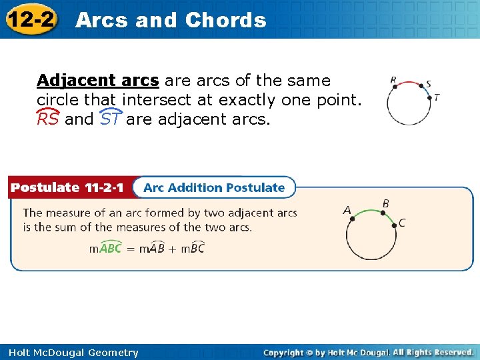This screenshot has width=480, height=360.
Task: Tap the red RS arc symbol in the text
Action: [x=47, y=119]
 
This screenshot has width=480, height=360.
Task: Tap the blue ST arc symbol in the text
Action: [x=110, y=119]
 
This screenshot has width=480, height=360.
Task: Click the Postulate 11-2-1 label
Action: [x=67, y=187]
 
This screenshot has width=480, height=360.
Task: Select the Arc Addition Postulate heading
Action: [x=214, y=187]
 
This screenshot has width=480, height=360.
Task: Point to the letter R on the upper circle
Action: [x=393, y=81]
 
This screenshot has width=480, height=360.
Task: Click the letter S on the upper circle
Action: [x=428, y=84]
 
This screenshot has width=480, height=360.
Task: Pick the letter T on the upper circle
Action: [x=437, y=97]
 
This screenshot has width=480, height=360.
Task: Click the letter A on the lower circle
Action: [x=347, y=210]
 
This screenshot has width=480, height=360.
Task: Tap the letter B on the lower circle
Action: [x=385, y=203]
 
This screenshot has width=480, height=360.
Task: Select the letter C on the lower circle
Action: [x=401, y=223]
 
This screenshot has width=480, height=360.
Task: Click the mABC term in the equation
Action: [x=105, y=248]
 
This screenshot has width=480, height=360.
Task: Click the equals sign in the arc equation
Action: [x=131, y=249]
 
